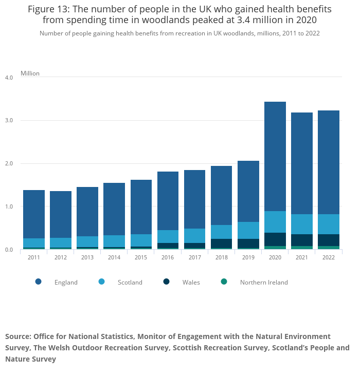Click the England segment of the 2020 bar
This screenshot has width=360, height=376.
(x=275, y=156)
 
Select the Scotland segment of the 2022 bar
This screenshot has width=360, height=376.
(x=328, y=224)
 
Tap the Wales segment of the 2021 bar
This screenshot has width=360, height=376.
(x=301, y=240)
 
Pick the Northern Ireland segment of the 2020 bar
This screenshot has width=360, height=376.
(x=275, y=248)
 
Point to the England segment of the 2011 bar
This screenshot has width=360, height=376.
(x=34, y=214)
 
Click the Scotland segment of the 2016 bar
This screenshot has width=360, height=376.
(x=168, y=236)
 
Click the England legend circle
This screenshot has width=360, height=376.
(x=38, y=282)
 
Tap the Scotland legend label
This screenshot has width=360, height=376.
(x=130, y=282)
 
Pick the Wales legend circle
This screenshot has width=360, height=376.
(x=166, y=282)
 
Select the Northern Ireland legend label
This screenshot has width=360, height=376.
(x=264, y=282)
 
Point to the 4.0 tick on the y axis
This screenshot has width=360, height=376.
(x=9, y=78)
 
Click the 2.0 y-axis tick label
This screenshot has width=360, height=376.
(x=9, y=163)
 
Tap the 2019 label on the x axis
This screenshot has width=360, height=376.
(x=248, y=257)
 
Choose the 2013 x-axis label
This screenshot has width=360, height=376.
(x=87, y=257)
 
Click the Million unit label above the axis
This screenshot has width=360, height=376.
(x=30, y=73)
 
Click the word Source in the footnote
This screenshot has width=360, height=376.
(x=17, y=336)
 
